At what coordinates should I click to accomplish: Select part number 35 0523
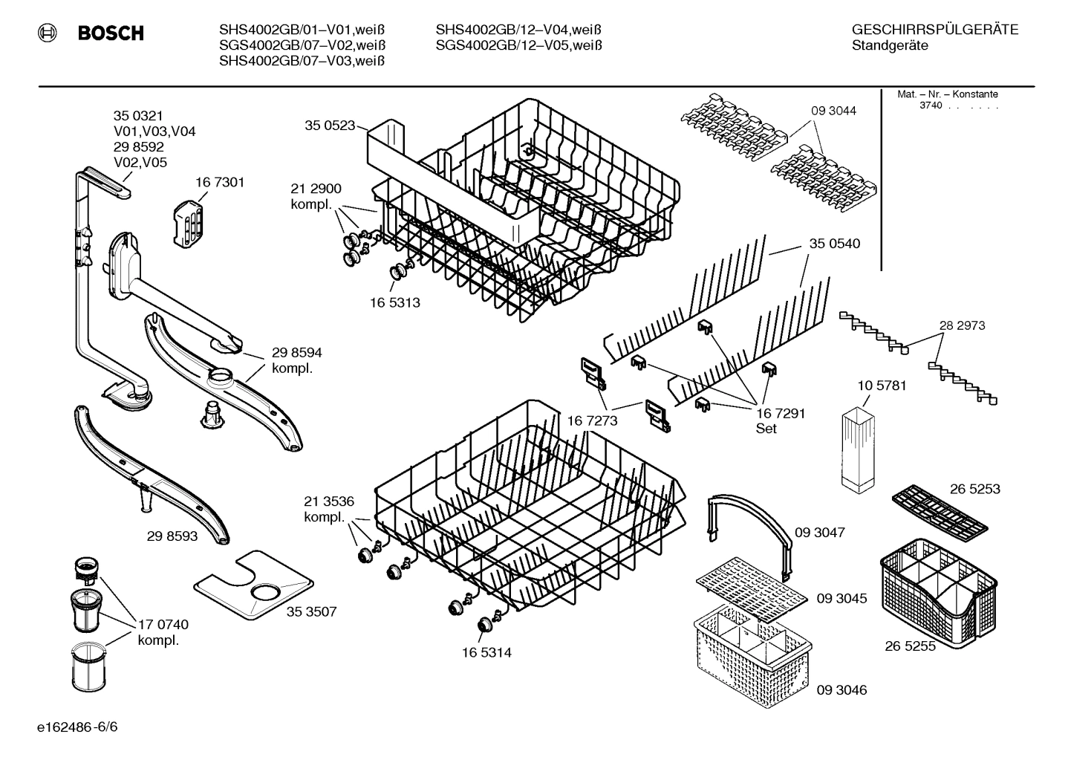pyautogui.click(x=329, y=126)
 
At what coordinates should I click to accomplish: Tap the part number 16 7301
pyautogui.click(x=220, y=182)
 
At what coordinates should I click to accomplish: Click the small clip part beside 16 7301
pyautogui.click(x=188, y=221)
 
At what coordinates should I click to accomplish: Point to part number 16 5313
pyautogui.click(x=394, y=302)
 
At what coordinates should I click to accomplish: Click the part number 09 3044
pyautogui.click(x=833, y=111)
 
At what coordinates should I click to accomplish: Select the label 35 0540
pyautogui.click(x=834, y=244)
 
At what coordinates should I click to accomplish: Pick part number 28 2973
pyautogui.click(x=962, y=325)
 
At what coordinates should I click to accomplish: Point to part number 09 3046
pyautogui.click(x=841, y=690)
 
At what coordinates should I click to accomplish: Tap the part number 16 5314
pyautogui.click(x=486, y=653)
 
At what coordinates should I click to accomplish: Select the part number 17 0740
pyautogui.click(x=163, y=625)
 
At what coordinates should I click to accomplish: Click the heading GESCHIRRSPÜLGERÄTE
pyautogui.click(x=934, y=30)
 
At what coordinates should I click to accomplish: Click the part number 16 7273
pyautogui.click(x=592, y=421)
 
